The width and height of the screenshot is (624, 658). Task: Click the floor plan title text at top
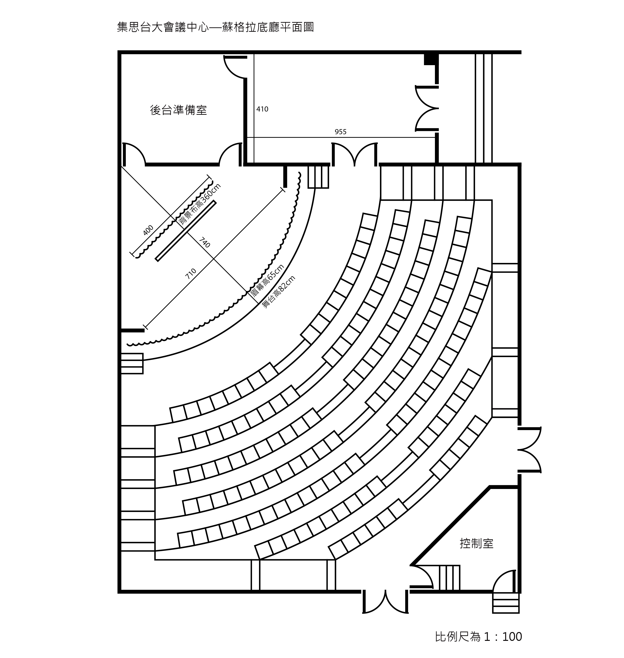pos(215,27)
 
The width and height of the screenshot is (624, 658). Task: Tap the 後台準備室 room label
pos(179,110)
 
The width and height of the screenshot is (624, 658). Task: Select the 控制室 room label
pos(477,543)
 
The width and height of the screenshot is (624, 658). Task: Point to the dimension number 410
pos(263,109)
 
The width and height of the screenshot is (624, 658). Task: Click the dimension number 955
pos(341,132)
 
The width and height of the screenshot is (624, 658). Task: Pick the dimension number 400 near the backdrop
pos(148,230)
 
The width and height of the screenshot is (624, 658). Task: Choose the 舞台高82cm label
pos(279,292)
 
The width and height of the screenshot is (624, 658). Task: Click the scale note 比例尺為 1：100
pos(479,637)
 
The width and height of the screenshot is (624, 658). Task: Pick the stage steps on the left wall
pos(132,364)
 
